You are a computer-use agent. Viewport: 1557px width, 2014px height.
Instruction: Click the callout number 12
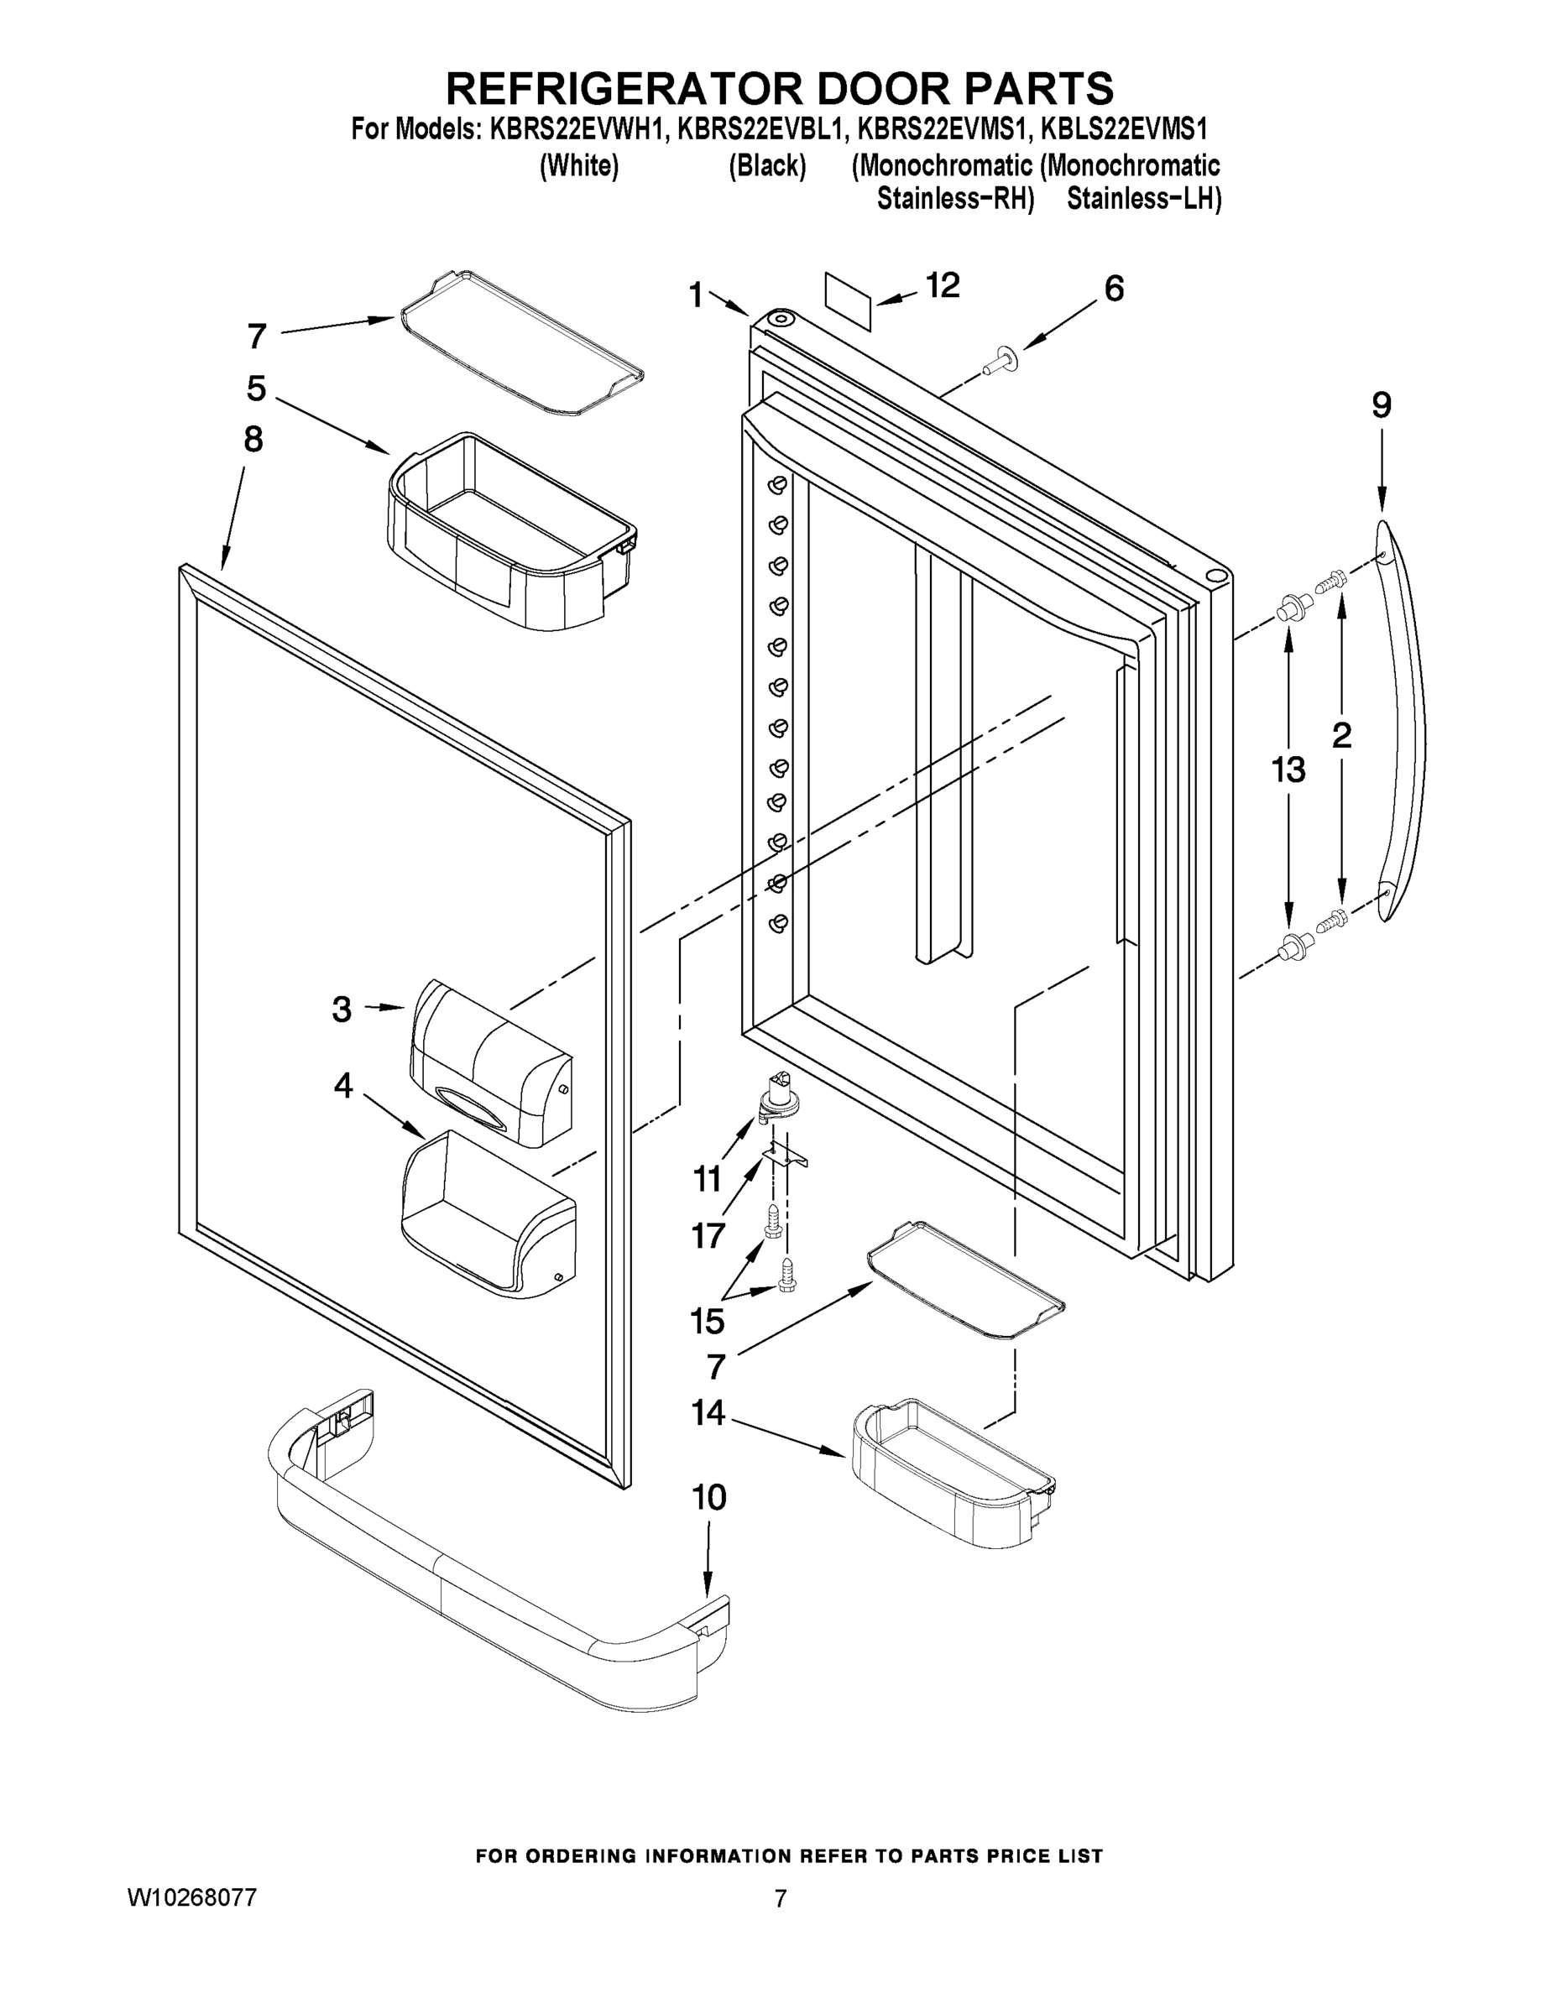[x=942, y=285]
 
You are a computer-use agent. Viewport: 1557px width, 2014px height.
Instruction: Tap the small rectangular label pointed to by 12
[x=848, y=300]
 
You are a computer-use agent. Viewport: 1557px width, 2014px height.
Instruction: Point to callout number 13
[x=1288, y=769]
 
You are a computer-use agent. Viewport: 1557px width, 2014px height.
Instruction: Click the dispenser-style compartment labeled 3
[x=489, y=1061]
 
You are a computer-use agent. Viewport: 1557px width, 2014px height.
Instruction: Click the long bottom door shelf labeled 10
[x=498, y=1568]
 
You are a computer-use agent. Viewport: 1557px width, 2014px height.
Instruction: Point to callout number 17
[x=708, y=1234]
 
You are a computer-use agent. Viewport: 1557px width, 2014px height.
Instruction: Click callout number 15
[x=708, y=1322]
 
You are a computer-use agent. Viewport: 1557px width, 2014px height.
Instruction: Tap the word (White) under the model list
[x=578, y=166]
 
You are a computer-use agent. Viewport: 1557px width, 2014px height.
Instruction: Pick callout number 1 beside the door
[x=697, y=295]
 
